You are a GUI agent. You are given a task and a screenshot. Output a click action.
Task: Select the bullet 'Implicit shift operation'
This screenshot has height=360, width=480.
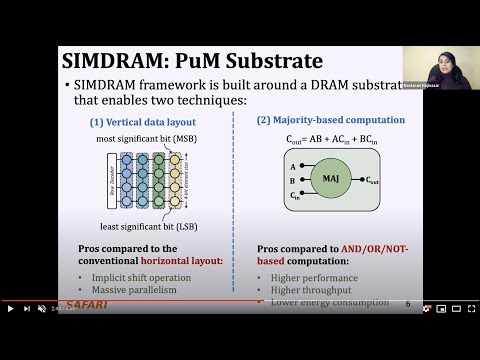coord(140,277)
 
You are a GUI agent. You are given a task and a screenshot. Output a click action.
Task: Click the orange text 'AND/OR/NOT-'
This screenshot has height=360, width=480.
coord(370,246)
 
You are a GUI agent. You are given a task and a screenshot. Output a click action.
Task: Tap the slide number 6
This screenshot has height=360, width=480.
coord(408,303)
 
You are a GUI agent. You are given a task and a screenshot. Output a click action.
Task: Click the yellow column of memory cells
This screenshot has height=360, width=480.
coord(175,176)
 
